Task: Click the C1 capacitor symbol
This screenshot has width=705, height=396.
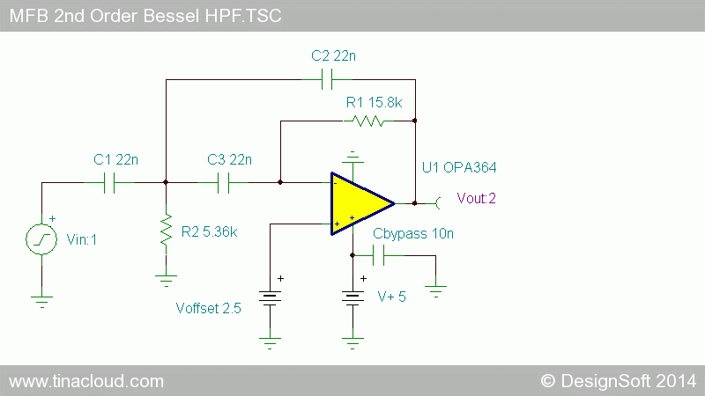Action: [109, 183]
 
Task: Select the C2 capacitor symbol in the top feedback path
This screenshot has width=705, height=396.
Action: [327, 79]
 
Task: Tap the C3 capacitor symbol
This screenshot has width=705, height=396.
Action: [224, 183]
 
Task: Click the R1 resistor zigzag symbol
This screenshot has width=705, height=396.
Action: [367, 121]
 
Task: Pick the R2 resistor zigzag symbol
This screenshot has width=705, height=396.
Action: [166, 230]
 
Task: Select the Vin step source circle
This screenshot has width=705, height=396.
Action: [41, 239]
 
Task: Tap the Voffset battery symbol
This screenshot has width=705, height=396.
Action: [270, 298]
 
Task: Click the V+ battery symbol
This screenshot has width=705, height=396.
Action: [352, 298]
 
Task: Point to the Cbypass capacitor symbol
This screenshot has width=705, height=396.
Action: [379, 255]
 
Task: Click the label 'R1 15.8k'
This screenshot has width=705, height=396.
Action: [374, 103]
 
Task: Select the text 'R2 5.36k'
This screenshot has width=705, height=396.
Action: [209, 231]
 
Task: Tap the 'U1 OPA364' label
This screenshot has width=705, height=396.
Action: [459, 167]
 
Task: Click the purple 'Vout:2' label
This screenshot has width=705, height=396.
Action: [476, 198]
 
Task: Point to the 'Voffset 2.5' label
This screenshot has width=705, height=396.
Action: [208, 309]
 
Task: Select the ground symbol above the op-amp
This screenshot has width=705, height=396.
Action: [352, 158]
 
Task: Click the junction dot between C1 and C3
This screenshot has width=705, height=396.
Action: [166, 182]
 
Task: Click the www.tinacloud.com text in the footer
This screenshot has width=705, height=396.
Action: [86, 381]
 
